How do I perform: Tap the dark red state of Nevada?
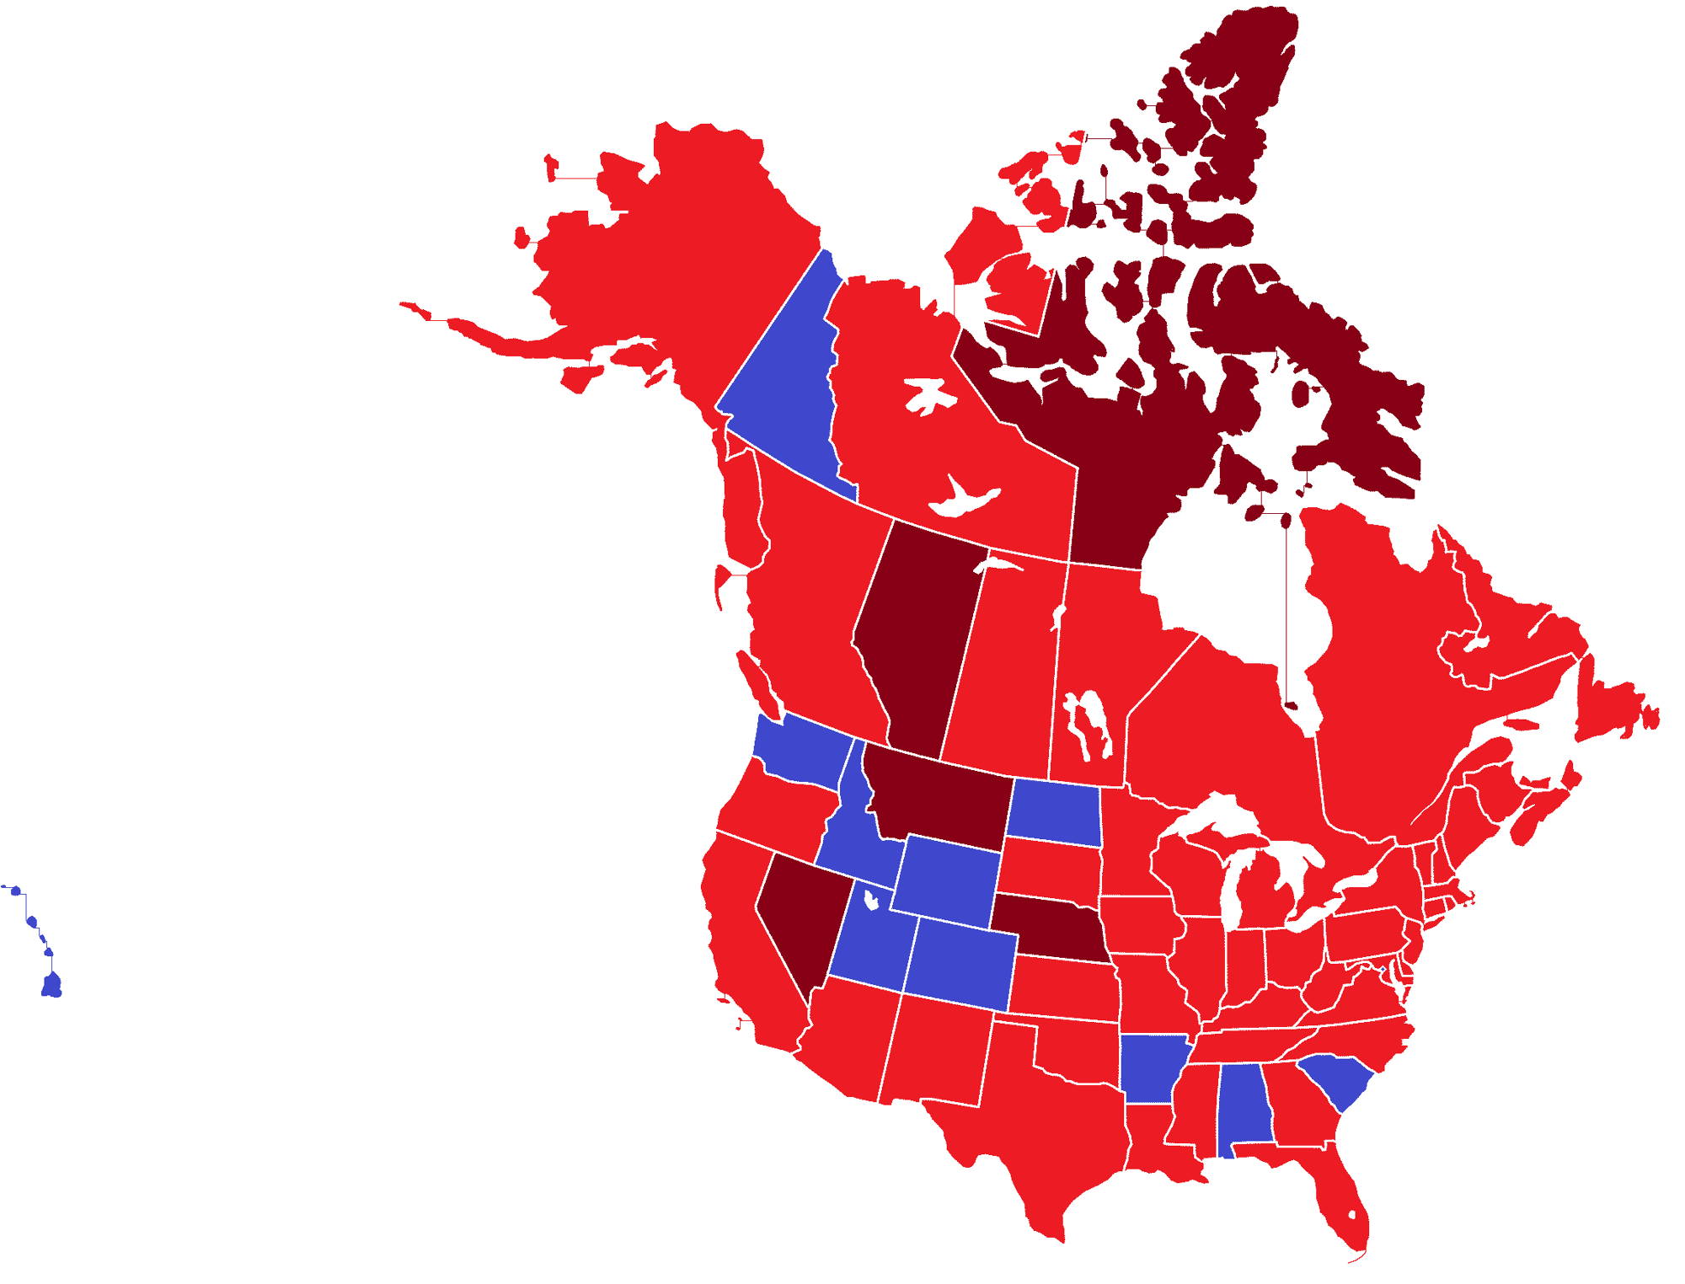coord(800,918)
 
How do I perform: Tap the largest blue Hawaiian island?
coord(52,984)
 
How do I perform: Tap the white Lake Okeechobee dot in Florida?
coord(1352,1215)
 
